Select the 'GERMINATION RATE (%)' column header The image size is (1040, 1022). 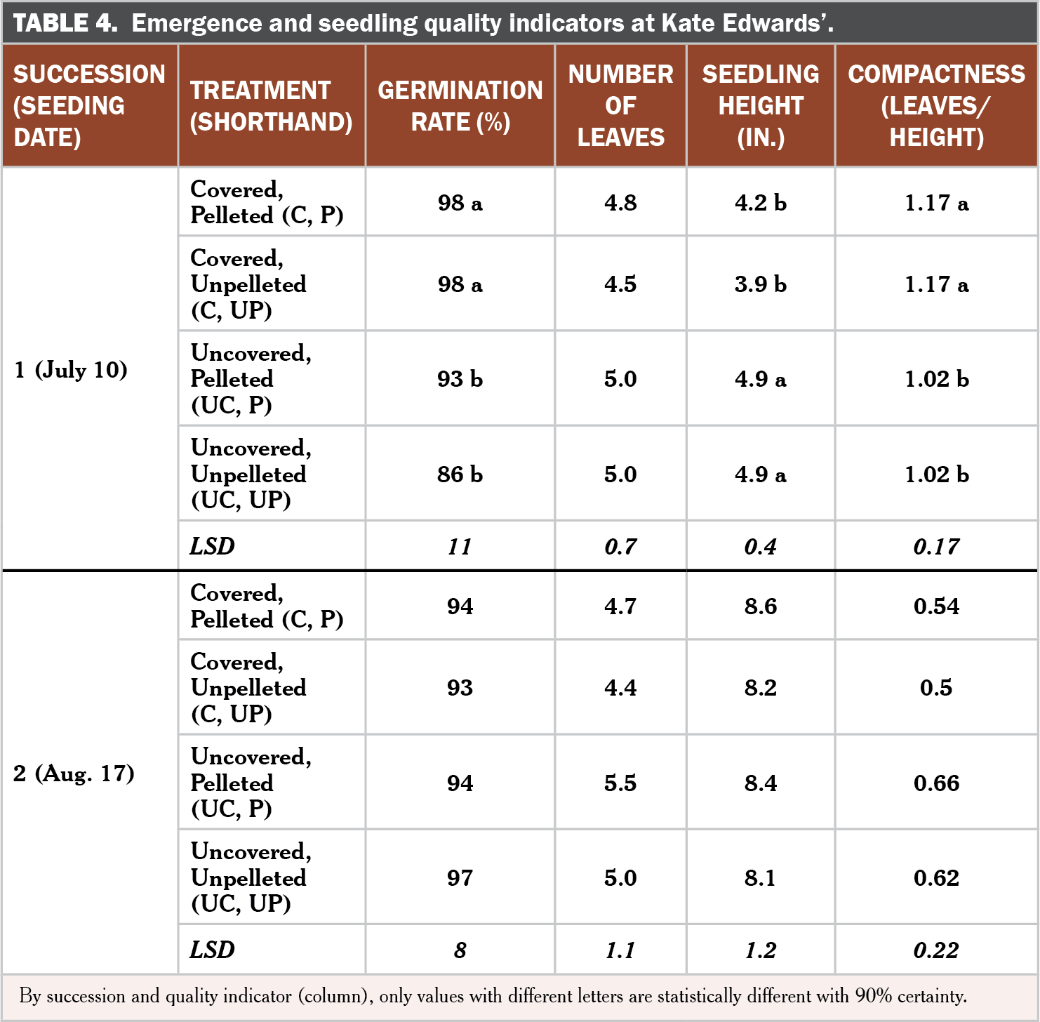point(460,106)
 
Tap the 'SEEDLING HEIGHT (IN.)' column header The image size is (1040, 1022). point(761,105)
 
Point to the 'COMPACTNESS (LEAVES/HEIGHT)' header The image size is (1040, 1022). point(937,105)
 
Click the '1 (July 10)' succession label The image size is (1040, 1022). point(71,369)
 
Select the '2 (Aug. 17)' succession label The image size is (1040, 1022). point(74,773)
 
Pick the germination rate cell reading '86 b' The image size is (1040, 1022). point(460,474)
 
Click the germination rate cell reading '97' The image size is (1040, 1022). point(460,877)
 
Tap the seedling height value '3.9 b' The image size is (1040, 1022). point(761,284)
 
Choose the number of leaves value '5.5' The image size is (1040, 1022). point(620,783)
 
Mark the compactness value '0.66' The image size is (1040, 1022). point(937,783)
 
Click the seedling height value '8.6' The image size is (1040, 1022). point(761,606)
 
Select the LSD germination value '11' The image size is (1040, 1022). point(460,546)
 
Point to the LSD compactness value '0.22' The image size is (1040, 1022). point(937,950)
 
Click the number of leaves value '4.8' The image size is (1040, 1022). point(620,202)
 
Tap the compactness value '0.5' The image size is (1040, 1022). point(937,687)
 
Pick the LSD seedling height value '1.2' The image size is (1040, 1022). point(761,950)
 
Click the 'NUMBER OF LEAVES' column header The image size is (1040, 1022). point(620,105)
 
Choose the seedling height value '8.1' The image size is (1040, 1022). point(761,877)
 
